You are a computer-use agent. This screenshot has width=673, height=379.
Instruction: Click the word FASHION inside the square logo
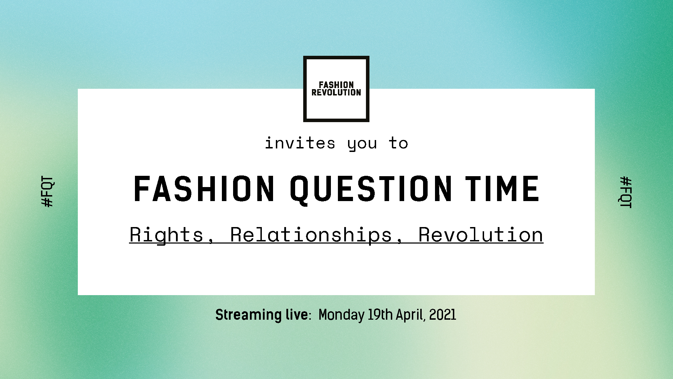(x=336, y=85)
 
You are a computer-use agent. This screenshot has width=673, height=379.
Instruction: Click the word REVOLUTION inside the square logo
(x=336, y=92)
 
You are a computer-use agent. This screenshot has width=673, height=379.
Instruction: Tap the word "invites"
(x=300, y=143)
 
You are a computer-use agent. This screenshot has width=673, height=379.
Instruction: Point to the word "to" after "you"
(x=399, y=143)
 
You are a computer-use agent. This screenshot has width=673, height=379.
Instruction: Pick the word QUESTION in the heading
(x=371, y=189)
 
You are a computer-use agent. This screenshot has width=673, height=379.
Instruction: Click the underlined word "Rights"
(x=166, y=235)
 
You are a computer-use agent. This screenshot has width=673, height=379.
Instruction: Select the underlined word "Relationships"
(x=311, y=235)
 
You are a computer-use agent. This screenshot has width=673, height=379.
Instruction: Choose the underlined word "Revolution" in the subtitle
(x=481, y=235)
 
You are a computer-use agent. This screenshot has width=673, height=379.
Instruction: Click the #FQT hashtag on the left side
(x=47, y=192)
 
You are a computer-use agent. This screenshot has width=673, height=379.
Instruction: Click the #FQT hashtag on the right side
(x=626, y=192)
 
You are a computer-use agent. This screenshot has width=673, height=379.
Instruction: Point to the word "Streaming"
(x=249, y=315)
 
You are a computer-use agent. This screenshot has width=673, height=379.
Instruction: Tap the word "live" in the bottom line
(x=297, y=314)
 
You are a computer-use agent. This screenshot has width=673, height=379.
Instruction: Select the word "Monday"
(x=342, y=315)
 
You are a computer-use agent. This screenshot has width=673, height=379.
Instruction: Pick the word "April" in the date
(x=410, y=315)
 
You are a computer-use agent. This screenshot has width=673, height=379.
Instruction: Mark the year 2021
(x=443, y=314)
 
